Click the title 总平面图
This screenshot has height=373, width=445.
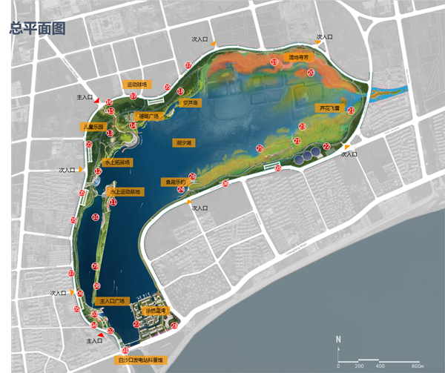[36, 29]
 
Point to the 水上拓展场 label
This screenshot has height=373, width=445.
[117, 162]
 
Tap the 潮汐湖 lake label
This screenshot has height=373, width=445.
[183, 142]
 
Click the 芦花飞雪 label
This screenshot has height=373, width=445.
[327, 108]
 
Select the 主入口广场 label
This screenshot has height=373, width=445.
[113, 301]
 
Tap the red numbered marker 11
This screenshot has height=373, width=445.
[113, 201]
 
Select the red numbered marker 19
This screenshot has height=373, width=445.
[274, 62]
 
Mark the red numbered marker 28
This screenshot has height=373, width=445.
[174, 325]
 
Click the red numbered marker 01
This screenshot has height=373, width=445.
[125, 350]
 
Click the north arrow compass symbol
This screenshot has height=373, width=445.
[337, 342]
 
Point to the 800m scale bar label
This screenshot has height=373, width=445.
[416, 366]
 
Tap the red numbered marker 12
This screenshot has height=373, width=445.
[98, 171]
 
